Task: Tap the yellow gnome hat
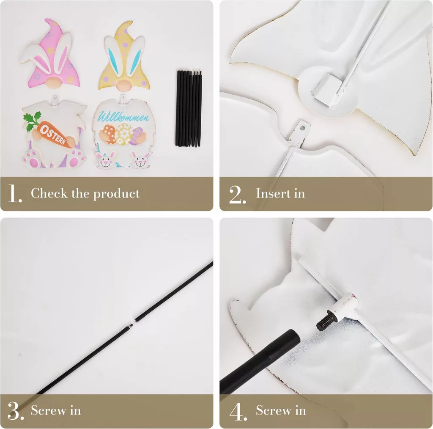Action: point(125,55)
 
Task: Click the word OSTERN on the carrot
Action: point(53,135)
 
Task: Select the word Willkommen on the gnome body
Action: point(123,117)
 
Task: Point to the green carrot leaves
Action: point(32,121)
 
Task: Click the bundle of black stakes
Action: point(189,108)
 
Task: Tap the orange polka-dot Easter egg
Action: point(110,134)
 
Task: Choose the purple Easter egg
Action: point(140,135)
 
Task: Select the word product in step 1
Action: point(116,194)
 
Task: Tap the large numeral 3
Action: point(15,411)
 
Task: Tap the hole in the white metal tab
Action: point(302,128)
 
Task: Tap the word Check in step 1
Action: point(49,193)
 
